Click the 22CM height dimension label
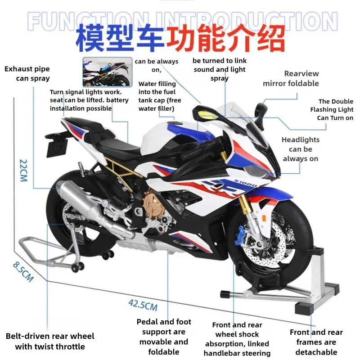tap(23, 170)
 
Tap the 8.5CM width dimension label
tap(23, 272)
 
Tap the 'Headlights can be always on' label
tap(301, 149)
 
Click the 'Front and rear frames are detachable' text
tap(316, 342)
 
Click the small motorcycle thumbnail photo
tap(106, 72)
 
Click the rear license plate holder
tap(58, 144)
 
